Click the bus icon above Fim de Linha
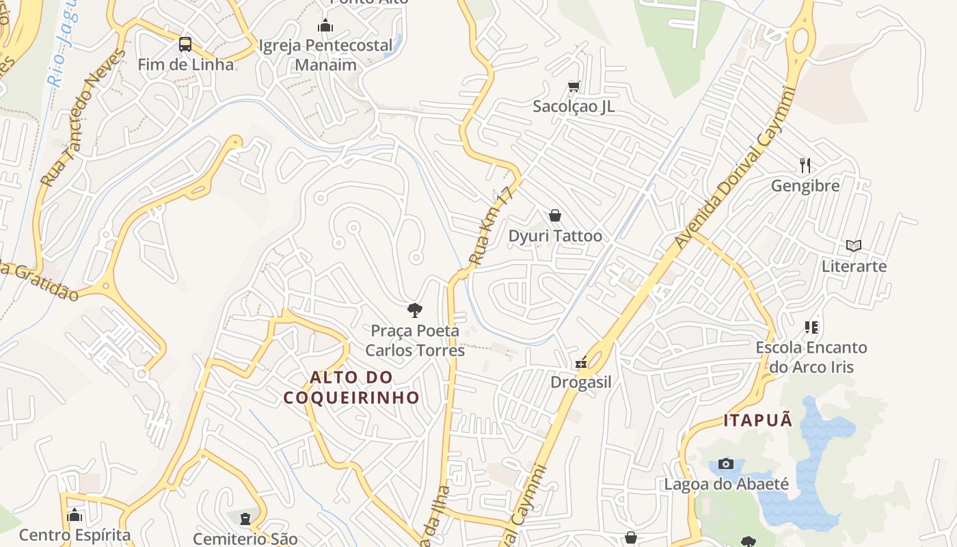click(185, 44)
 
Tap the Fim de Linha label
click(185, 65)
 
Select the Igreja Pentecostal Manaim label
click(325, 55)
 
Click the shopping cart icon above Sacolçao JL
click(574, 86)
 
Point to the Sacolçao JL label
click(574, 107)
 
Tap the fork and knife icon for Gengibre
click(805, 165)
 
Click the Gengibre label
click(805, 186)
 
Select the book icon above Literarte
click(854, 245)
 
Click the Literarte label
click(854, 266)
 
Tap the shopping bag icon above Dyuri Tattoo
click(555, 215)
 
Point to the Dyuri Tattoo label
click(555, 236)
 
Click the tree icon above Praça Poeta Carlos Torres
click(414, 310)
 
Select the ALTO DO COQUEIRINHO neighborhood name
click(351, 387)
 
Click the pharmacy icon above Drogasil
click(581, 362)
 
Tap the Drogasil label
click(581, 382)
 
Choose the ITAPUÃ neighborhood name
click(758, 420)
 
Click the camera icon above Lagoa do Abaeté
click(726, 464)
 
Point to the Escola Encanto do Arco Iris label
click(811, 357)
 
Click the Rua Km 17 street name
click(491, 227)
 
